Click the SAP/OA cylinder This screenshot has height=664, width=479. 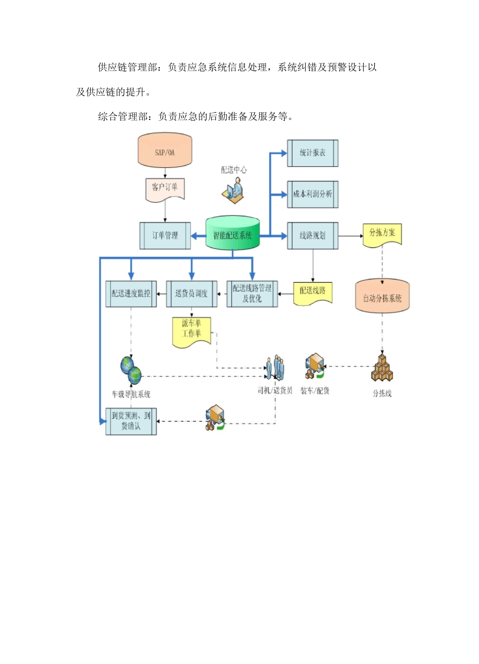[165, 151]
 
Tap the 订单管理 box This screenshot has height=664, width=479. [165, 235]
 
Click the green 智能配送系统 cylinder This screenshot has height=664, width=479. [232, 234]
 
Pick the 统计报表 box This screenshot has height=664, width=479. [313, 153]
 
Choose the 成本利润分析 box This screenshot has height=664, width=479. [313, 194]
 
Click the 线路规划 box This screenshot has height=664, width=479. [313, 235]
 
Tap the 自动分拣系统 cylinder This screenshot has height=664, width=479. [382, 297]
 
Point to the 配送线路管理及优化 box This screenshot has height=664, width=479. [252, 294]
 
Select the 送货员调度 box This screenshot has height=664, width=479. [192, 294]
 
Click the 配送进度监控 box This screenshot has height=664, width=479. [131, 294]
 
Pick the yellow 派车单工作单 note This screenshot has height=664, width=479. [192, 330]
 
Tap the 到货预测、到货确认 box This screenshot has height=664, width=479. [131, 421]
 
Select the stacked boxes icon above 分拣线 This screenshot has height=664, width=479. [382, 368]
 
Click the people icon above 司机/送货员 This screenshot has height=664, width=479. [275, 368]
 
